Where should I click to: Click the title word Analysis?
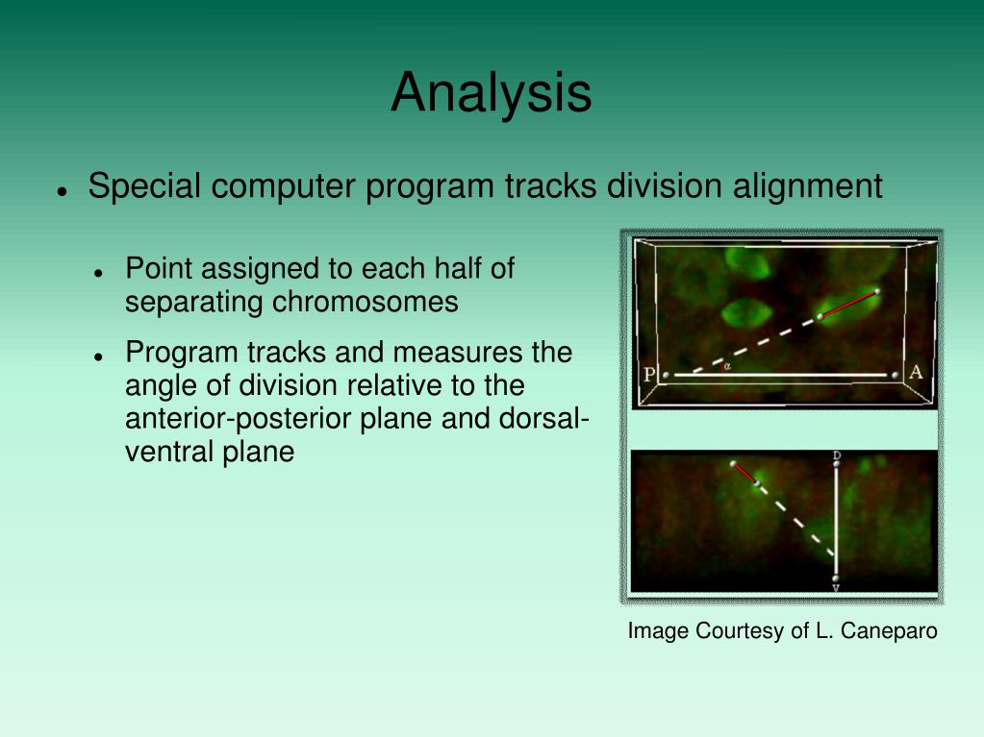coord(491,93)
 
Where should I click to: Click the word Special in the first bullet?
coord(144,186)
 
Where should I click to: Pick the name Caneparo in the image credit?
coord(889,630)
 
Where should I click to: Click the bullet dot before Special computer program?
coord(62,191)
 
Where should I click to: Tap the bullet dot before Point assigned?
coord(98,273)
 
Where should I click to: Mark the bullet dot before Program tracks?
coord(98,356)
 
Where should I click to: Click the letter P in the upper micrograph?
coord(649,374)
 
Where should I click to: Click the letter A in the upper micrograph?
coord(916,372)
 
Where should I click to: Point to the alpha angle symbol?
coord(727,367)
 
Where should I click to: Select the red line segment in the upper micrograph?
coord(848,304)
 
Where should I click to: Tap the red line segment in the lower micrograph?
coord(744,474)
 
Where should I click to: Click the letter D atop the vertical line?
coord(837,455)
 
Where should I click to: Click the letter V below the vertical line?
coord(836,588)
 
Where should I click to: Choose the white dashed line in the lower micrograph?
coord(796,520)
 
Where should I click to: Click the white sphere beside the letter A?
coord(895,376)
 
